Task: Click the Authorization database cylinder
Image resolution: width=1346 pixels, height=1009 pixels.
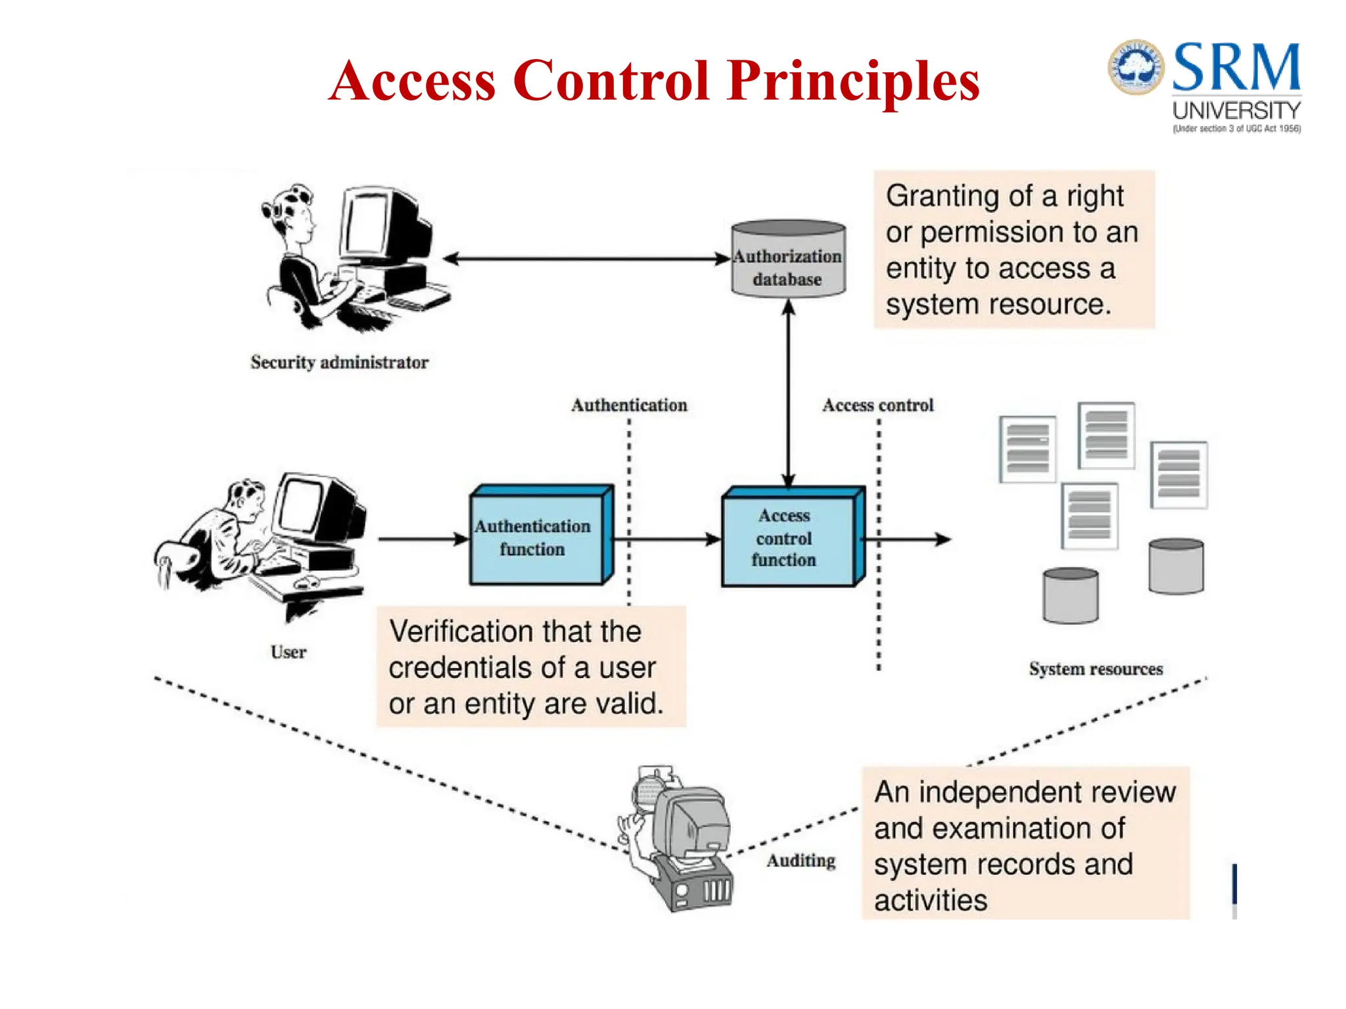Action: pyautogui.click(x=788, y=259)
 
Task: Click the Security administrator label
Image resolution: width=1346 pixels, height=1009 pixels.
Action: pyautogui.click(x=339, y=362)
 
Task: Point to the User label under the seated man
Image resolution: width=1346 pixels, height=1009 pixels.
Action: pyautogui.click(x=288, y=652)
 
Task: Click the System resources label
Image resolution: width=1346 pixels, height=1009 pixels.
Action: pyautogui.click(x=1096, y=669)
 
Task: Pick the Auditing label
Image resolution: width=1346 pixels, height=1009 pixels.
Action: pyautogui.click(x=801, y=861)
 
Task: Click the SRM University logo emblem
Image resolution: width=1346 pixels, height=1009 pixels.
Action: pyautogui.click(x=1136, y=67)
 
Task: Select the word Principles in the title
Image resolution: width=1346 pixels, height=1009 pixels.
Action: pyautogui.click(x=853, y=81)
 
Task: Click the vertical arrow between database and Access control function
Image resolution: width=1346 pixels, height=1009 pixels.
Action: pyautogui.click(x=788, y=394)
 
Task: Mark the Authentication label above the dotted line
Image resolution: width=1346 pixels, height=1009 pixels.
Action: pyautogui.click(x=629, y=405)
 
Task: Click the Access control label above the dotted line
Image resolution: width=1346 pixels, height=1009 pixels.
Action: pyautogui.click(x=877, y=405)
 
